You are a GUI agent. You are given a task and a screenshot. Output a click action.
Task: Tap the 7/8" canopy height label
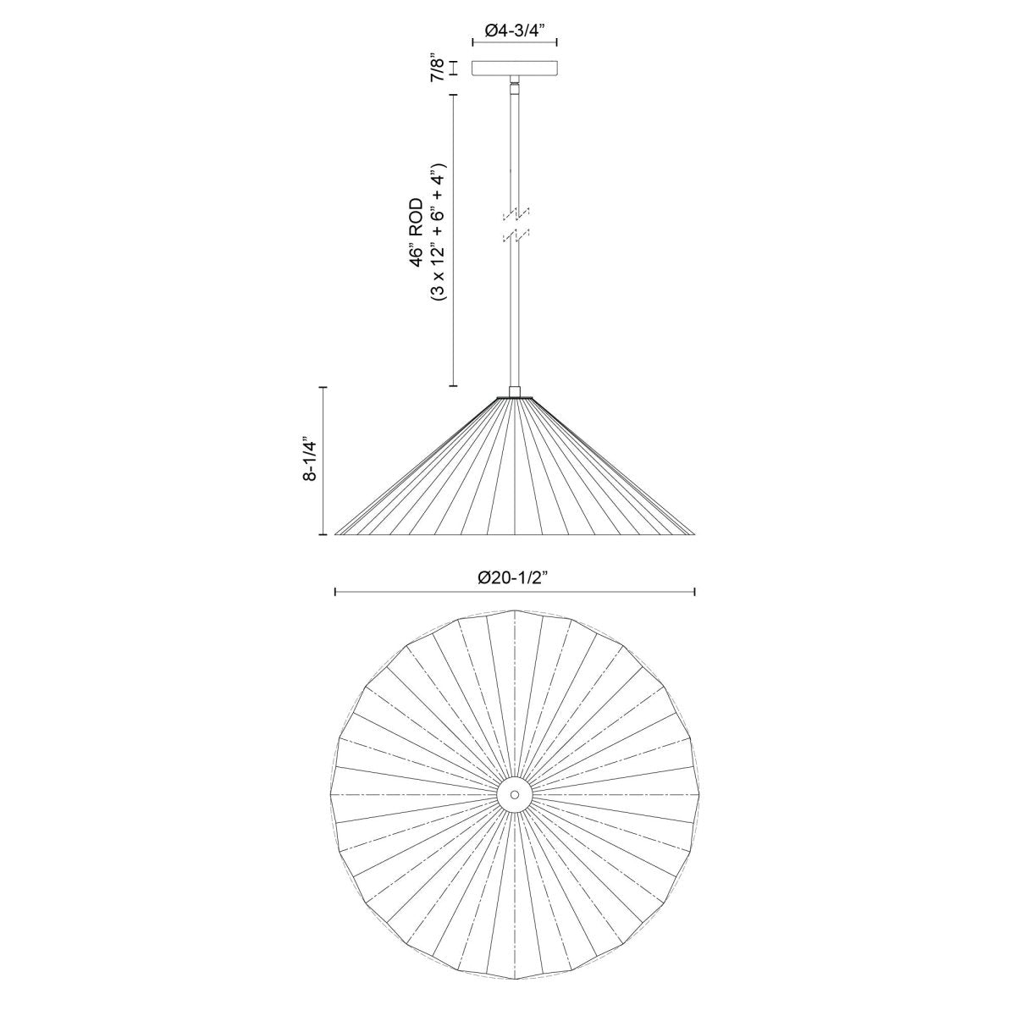tap(438, 68)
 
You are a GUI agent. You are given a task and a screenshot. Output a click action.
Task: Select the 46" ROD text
tap(416, 233)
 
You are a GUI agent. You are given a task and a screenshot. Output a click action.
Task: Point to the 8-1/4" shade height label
tap(310, 461)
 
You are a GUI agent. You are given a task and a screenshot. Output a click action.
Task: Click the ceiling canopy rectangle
tap(514, 68)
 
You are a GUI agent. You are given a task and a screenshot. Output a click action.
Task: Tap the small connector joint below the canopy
tap(514, 85)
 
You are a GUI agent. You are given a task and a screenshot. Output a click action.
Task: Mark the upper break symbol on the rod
tap(514, 212)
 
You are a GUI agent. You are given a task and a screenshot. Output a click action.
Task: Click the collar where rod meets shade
tap(514, 392)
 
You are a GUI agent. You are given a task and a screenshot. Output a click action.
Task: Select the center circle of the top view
tap(514, 794)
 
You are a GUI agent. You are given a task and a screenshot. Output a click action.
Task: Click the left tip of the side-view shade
tap(337, 533)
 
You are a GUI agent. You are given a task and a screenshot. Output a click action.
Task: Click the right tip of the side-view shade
tap(693, 533)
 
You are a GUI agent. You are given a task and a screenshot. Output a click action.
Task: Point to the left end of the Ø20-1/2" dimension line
tap(336, 592)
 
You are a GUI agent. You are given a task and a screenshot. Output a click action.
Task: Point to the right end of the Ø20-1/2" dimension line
tap(695, 592)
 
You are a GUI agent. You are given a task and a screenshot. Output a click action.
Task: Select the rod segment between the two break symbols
tap(514, 224)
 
